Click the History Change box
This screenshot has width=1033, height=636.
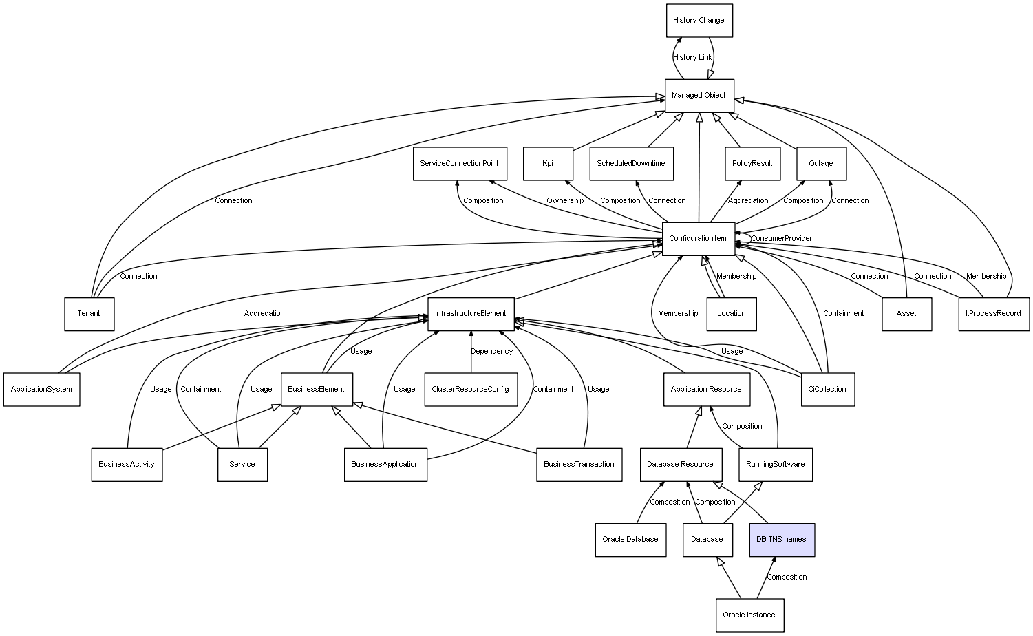(x=699, y=21)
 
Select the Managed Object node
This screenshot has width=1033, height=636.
(x=699, y=96)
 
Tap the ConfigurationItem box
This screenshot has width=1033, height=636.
(x=698, y=239)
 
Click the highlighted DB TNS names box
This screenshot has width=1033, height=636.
(x=781, y=540)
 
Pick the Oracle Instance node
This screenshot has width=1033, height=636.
(x=749, y=615)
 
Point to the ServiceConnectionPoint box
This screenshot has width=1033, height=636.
(x=460, y=164)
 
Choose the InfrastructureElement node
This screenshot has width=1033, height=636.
(x=471, y=314)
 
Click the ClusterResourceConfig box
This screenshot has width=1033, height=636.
(x=471, y=390)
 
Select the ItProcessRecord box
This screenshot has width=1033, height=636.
(x=994, y=314)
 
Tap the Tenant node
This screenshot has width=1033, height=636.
(x=89, y=314)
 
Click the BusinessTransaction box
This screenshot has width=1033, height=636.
(x=579, y=465)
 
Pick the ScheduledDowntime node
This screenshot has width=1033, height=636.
(x=631, y=164)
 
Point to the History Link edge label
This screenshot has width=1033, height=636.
(x=692, y=58)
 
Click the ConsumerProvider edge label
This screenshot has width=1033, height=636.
(x=781, y=239)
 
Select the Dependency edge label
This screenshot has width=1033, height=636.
(x=491, y=352)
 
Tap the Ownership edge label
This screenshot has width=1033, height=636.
(x=565, y=201)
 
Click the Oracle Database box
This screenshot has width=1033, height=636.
(x=630, y=540)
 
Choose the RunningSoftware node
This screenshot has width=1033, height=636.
(x=776, y=465)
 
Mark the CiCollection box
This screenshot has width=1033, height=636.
(x=828, y=390)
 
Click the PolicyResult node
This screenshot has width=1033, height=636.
(x=752, y=164)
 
